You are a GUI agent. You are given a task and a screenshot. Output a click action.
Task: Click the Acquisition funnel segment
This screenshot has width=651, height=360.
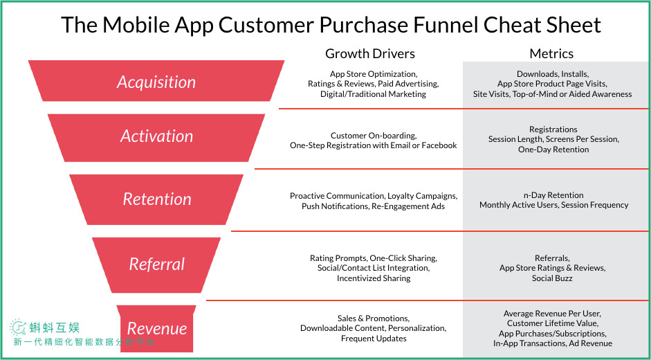pyautogui.click(x=156, y=81)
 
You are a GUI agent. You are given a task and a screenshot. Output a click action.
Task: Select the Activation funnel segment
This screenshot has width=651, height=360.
pyautogui.click(x=156, y=138)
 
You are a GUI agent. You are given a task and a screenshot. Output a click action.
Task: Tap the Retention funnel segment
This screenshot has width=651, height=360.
pyautogui.click(x=156, y=199)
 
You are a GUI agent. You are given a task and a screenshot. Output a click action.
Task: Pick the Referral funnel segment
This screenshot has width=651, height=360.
pyautogui.click(x=156, y=264)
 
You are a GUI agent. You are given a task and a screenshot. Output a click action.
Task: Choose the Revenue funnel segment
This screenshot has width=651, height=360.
pyautogui.click(x=156, y=328)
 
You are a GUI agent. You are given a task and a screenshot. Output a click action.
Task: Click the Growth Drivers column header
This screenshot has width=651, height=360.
pyautogui.click(x=370, y=53)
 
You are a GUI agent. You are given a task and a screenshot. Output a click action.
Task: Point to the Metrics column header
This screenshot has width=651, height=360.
pyautogui.click(x=551, y=53)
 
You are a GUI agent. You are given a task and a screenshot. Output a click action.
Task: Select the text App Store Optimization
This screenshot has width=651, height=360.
pyautogui.click(x=372, y=74)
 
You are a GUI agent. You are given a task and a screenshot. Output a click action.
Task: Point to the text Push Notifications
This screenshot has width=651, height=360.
pyautogui.click(x=335, y=206)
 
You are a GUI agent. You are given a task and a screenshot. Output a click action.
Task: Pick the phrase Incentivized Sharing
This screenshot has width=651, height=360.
pyautogui.click(x=374, y=278)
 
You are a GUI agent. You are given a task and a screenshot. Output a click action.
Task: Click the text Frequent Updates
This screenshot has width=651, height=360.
pyautogui.click(x=374, y=339)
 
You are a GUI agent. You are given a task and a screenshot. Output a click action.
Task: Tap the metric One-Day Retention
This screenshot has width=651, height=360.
pyautogui.click(x=553, y=150)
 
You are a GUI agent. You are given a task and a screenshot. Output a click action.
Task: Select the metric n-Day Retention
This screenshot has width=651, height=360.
pyautogui.click(x=553, y=195)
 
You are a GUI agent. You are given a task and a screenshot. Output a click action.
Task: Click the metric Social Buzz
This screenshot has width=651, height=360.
pyautogui.click(x=552, y=278)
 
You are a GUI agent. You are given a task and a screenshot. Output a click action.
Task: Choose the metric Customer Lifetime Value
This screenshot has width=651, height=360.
pyautogui.click(x=552, y=323)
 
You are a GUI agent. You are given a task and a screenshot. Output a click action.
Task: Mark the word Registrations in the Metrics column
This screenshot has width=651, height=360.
pyautogui.click(x=553, y=129)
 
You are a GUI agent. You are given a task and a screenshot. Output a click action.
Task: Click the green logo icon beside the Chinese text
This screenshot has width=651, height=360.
pyautogui.click(x=18, y=327)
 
